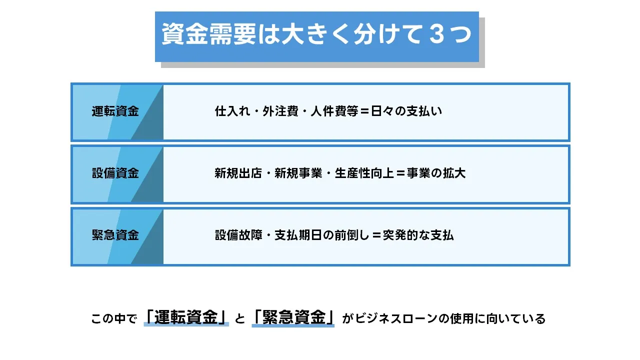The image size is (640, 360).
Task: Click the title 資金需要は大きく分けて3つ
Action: pos(316,36)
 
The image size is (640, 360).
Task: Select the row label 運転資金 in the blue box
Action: pos(115,111)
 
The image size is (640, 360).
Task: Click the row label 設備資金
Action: pos(115,173)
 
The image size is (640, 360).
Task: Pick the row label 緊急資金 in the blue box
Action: pos(115,235)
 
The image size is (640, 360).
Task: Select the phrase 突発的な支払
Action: pos(418,235)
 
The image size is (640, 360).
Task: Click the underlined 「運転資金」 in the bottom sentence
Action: pos(186,318)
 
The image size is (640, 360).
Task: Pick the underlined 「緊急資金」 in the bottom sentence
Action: pos(293,318)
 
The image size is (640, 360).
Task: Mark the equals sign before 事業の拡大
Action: pos(400,173)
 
